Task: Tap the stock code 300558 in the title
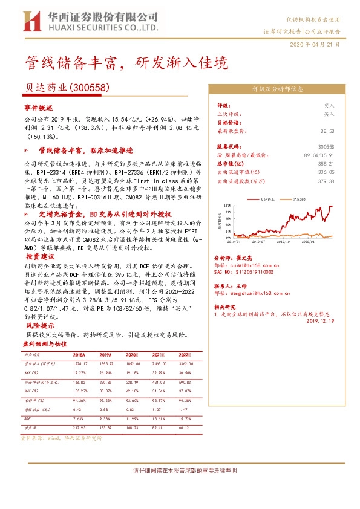coord(90,87)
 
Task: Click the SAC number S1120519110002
coord(249,273)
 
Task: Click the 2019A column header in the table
coord(105,355)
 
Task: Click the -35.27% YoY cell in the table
coord(79,391)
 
